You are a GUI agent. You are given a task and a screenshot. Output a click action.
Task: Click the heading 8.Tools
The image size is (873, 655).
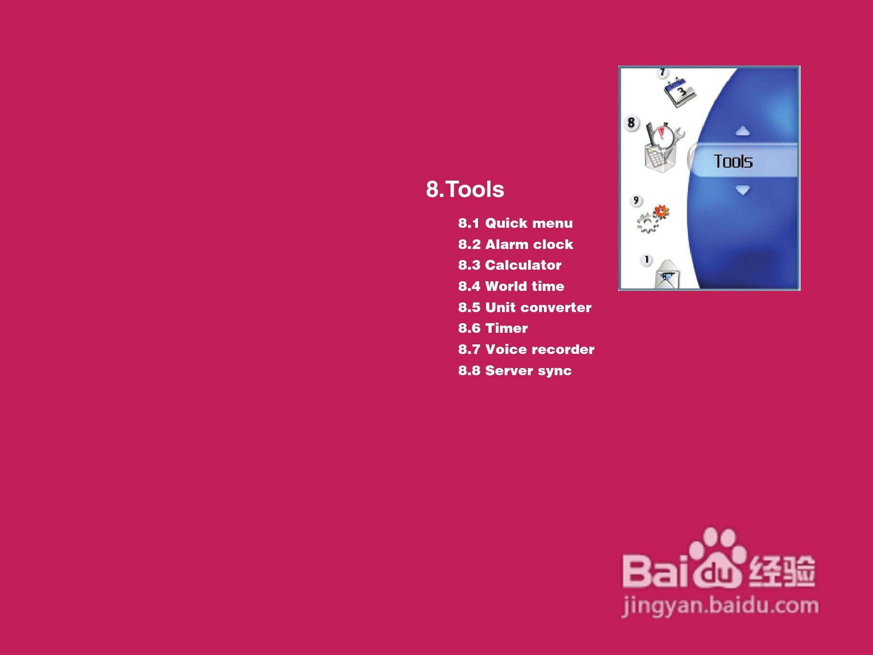[x=465, y=189]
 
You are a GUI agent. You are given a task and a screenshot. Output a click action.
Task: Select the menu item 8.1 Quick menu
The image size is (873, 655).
[x=516, y=223]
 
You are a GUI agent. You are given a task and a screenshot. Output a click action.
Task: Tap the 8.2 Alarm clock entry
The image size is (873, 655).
[x=516, y=244]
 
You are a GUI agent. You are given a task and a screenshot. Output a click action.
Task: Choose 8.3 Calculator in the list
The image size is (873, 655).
[x=510, y=265]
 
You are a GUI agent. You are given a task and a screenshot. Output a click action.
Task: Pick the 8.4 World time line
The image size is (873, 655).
[x=511, y=286]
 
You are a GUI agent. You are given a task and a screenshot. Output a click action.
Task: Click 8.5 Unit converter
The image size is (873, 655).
[x=525, y=307]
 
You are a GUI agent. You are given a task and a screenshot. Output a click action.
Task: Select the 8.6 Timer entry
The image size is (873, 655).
[x=493, y=328]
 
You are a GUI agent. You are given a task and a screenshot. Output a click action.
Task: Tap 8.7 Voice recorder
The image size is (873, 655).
[x=526, y=349]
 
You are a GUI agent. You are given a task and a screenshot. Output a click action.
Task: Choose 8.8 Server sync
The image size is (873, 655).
[x=515, y=370]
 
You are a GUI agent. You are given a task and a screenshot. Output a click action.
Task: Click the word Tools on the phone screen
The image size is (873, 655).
[x=733, y=161]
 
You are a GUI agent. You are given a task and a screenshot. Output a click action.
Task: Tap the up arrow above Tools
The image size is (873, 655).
[x=743, y=131]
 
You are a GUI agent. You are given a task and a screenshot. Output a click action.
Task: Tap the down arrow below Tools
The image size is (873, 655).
[x=743, y=190]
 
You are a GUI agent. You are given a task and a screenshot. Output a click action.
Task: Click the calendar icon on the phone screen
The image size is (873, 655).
[x=680, y=92]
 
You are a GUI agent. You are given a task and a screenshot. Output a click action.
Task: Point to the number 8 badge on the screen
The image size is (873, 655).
[x=631, y=123]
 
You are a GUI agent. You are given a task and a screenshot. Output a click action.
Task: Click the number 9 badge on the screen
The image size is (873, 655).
[x=636, y=200]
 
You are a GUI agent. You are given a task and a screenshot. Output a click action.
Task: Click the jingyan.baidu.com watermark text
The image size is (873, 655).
[x=720, y=605]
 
